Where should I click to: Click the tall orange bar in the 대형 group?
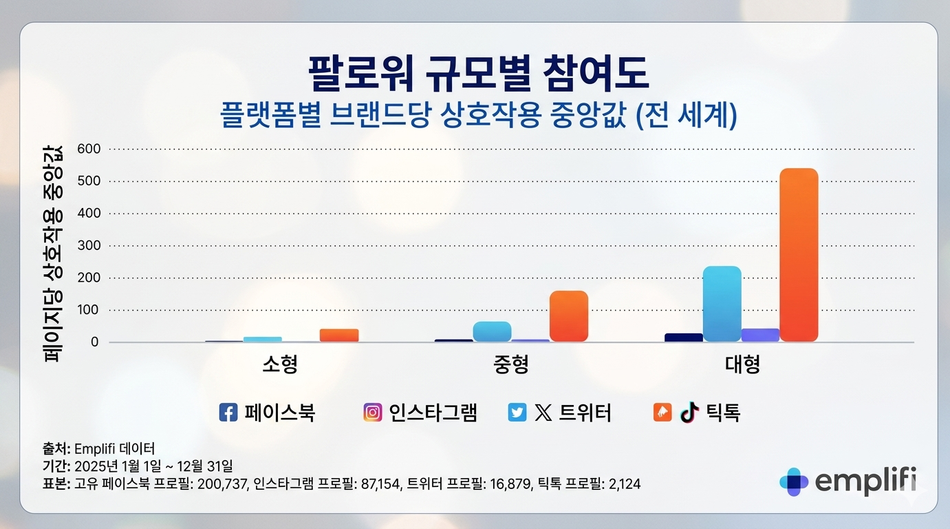click(x=799, y=255)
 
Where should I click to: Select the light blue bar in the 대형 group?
click(x=722, y=304)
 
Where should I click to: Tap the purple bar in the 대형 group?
click(x=760, y=335)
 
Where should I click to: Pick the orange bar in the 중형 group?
click(x=568, y=316)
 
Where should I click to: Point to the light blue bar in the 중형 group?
click(x=492, y=331)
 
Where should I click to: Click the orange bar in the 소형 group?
click(x=339, y=335)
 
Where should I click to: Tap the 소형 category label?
click(x=280, y=364)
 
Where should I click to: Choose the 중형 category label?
click(x=511, y=364)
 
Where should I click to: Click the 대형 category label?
click(x=743, y=364)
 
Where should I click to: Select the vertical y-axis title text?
click(x=53, y=254)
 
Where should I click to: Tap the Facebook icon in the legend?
click(x=228, y=413)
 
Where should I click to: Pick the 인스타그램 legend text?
click(x=433, y=413)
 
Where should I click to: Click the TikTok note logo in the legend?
click(x=689, y=412)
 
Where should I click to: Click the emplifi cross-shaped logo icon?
click(x=794, y=481)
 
